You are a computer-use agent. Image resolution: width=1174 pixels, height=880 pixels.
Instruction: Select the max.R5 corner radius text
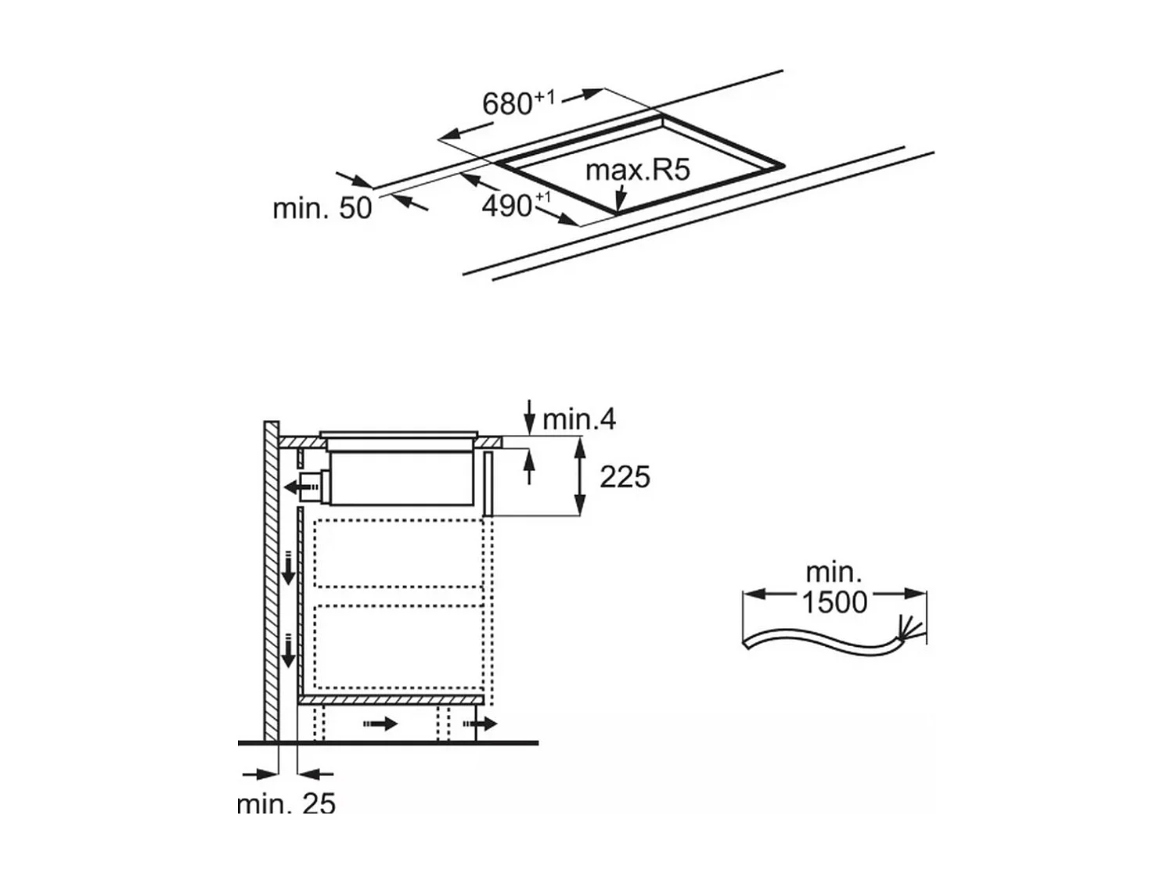coord(638,170)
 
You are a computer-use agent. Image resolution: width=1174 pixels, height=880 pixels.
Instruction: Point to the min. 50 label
coord(322,208)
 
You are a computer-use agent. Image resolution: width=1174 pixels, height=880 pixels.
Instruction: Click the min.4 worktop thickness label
coord(579,419)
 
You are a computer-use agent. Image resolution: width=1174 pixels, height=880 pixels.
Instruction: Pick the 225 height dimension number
coord(625,477)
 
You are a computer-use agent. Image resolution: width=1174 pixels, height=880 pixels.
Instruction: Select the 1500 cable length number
coord(834,602)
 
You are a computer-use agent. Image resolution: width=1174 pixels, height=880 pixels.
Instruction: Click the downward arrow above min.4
coord(530,417)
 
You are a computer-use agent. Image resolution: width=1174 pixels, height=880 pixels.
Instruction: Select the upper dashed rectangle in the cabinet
coord(399,554)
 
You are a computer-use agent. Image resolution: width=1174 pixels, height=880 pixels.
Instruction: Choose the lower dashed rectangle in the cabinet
coord(399,647)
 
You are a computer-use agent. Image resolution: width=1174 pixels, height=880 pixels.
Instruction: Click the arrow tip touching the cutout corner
coord(618,210)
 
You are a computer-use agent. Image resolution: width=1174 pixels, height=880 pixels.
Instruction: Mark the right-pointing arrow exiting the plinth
coord(480,724)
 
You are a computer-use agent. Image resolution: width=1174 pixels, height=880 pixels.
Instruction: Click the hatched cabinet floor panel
coord(391,700)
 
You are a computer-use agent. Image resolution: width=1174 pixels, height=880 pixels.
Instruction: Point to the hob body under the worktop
coord(402,478)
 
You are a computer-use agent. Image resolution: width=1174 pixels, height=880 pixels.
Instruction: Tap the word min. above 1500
coord(834,573)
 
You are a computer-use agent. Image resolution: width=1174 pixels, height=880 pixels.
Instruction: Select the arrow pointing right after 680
coord(583,95)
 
